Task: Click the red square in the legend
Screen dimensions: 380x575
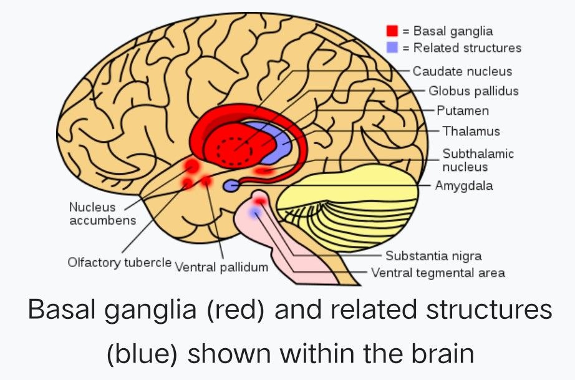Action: [x=392, y=31]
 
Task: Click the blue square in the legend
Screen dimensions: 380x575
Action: [x=392, y=47]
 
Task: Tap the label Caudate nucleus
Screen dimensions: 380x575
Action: [x=462, y=71]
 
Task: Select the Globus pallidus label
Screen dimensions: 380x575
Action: [x=473, y=91]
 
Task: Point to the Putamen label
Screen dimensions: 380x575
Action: [x=462, y=110]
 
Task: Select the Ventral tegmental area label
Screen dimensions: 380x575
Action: [x=438, y=273]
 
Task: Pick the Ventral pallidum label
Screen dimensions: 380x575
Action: [x=221, y=267]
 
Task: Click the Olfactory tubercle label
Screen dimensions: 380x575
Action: [x=119, y=262]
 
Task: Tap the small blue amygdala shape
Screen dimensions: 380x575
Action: [x=231, y=185]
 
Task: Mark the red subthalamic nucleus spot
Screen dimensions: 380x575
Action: [x=264, y=170]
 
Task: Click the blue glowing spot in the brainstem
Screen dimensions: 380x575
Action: [x=254, y=213]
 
